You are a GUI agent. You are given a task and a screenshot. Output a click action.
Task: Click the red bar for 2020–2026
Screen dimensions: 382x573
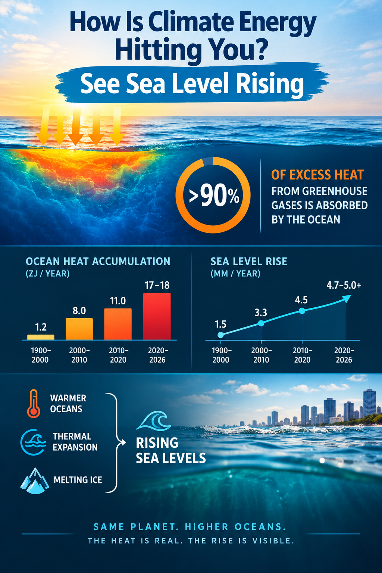pyautogui.click(x=157, y=316)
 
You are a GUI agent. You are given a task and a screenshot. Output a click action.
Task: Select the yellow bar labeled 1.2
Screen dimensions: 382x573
pyautogui.click(x=41, y=337)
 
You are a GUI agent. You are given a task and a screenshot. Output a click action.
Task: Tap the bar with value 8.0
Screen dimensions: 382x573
pyautogui.click(x=79, y=329)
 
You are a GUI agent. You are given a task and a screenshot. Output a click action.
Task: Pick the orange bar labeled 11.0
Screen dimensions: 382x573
pyautogui.click(x=118, y=324)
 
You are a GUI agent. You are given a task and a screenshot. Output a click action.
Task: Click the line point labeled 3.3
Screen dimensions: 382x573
pyautogui.click(x=261, y=323)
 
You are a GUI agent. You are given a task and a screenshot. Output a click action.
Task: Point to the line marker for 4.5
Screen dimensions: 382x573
pyautogui.click(x=302, y=311)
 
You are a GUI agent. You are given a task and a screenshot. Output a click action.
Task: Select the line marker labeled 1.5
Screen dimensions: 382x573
pyautogui.click(x=220, y=335)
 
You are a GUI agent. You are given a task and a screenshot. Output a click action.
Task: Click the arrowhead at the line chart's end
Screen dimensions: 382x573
pyautogui.click(x=347, y=298)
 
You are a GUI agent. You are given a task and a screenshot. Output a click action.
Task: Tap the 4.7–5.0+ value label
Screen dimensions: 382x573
pyautogui.click(x=344, y=285)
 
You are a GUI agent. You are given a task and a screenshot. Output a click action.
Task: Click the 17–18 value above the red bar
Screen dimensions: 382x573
pyautogui.click(x=157, y=285)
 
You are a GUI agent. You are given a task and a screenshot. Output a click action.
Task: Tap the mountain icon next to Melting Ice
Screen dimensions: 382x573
pyautogui.click(x=35, y=480)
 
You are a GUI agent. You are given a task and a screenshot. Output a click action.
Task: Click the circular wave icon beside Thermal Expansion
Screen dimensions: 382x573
pyautogui.click(x=33, y=442)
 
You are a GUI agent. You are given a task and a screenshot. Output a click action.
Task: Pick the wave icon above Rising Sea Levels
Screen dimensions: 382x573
pyautogui.click(x=154, y=421)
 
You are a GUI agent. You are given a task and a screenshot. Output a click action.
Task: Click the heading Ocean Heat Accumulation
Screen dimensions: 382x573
pyautogui.click(x=98, y=262)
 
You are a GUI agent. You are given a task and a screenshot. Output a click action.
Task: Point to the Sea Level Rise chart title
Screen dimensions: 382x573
pyautogui.click(x=249, y=262)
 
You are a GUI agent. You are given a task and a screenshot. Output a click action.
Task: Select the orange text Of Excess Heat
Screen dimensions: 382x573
pyautogui.click(x=317, y=175)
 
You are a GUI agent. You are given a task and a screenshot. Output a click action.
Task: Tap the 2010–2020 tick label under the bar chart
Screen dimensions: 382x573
pyautogui.click(x=118, y=355)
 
